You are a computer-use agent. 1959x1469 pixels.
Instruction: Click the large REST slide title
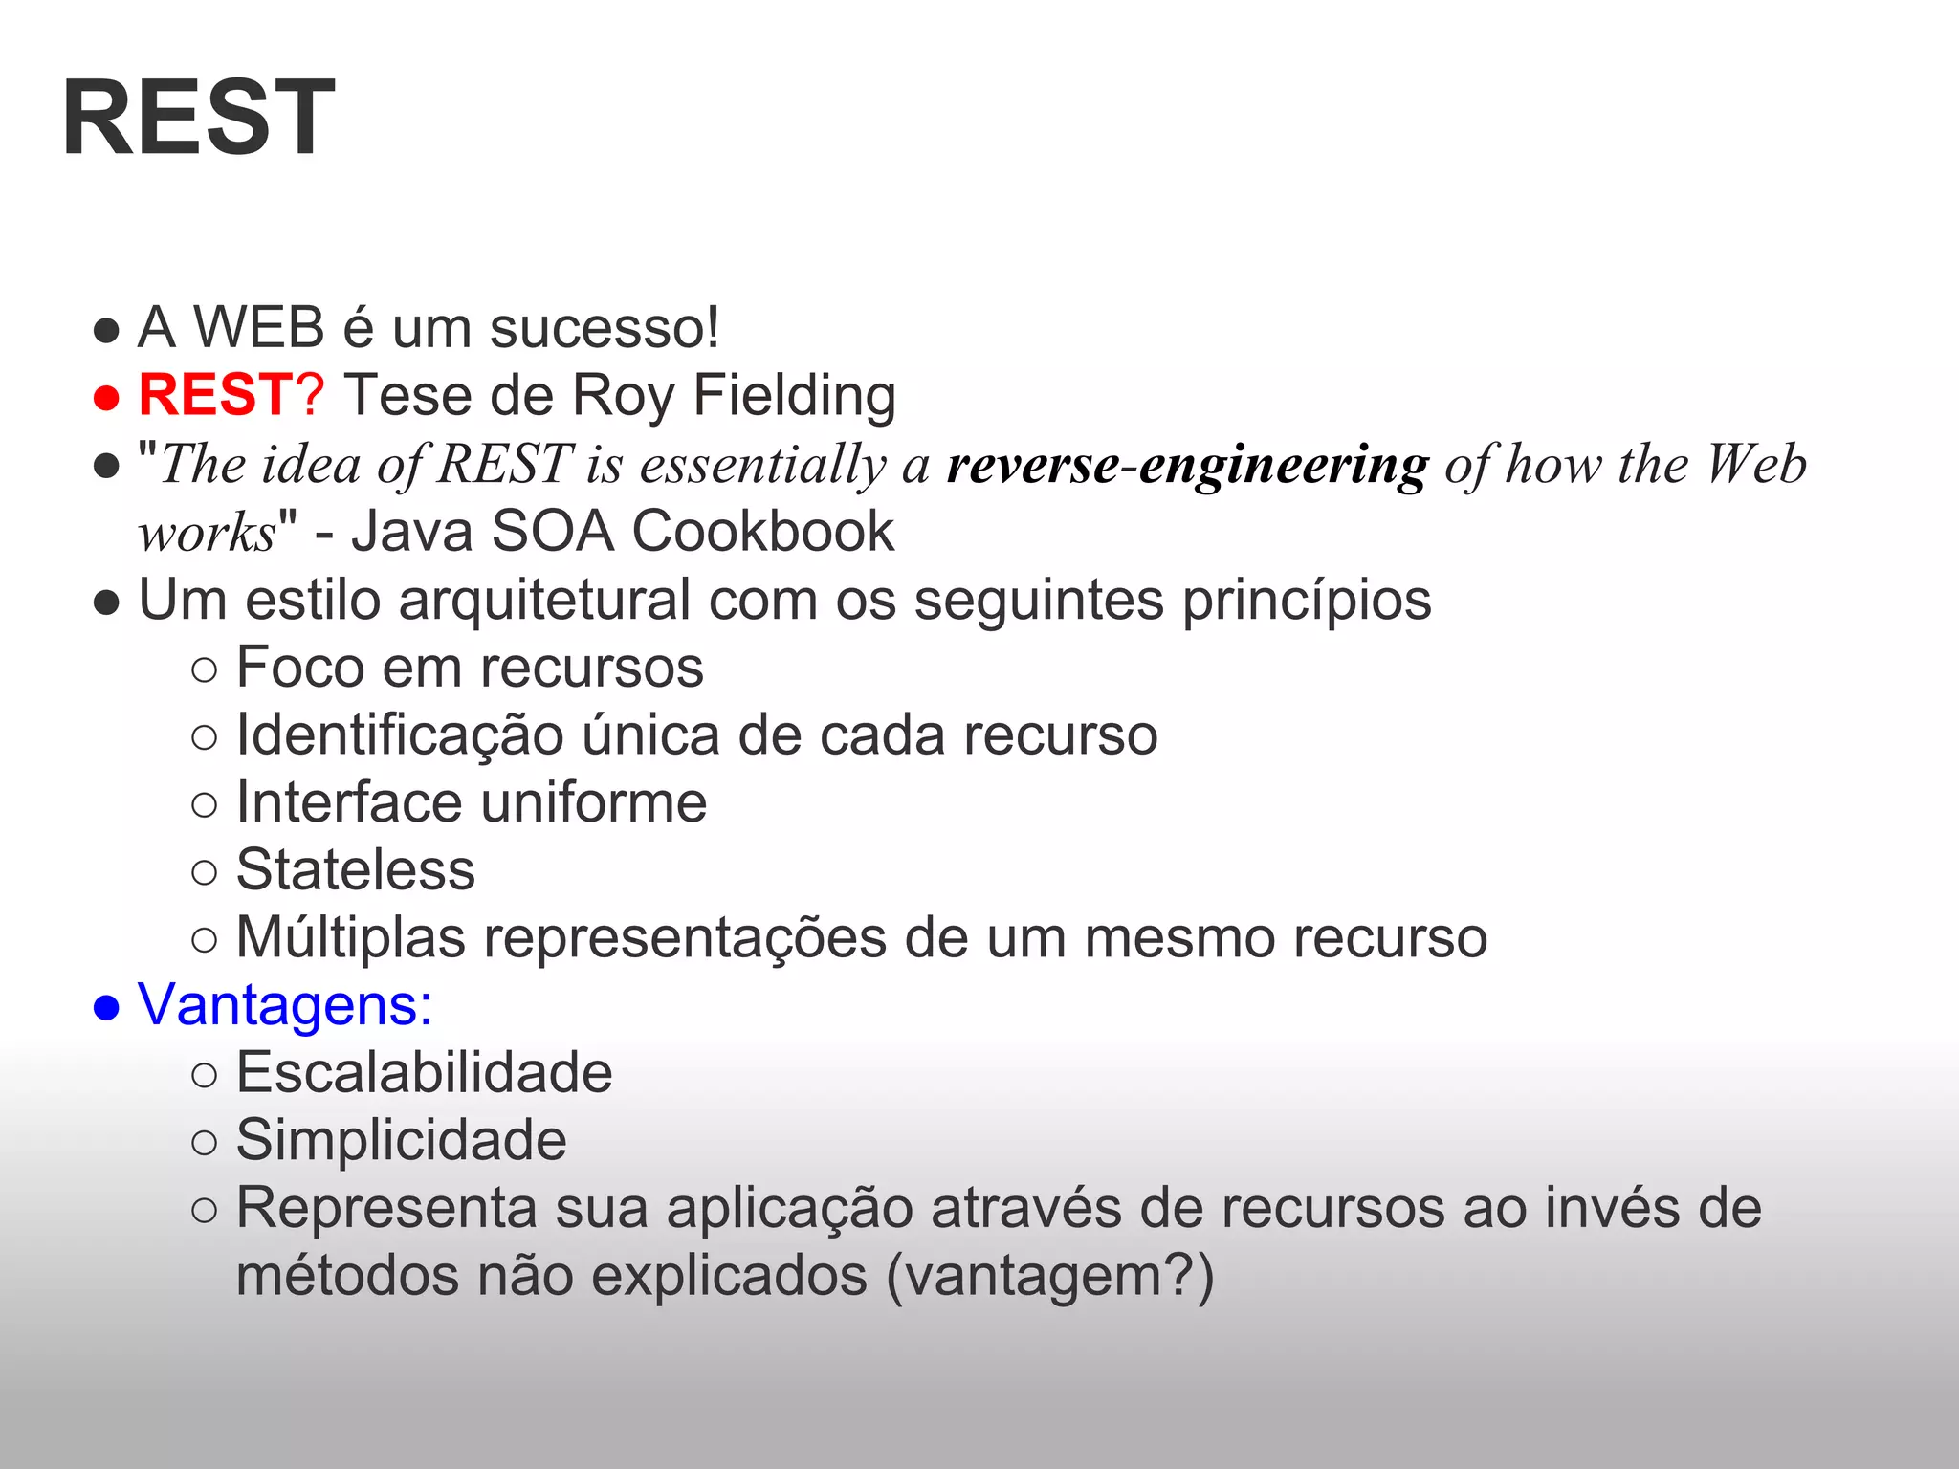coord(199,119)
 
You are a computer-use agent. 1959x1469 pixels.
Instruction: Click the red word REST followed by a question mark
coord(230,395)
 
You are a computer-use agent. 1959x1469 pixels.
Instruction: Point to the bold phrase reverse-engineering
coord(1187,465)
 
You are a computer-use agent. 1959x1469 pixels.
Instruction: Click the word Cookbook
coord(762,532)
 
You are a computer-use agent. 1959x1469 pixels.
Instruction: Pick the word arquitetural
coord(544,600)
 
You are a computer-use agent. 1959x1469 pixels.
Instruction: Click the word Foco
coord(300,668)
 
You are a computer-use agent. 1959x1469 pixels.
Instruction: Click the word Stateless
coord(356,870)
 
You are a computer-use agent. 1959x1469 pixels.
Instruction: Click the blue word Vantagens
coord(284,1005)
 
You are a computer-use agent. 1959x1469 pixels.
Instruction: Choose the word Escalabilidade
coord(424,1073)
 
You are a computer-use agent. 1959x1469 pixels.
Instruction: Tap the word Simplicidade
coord(401,1141)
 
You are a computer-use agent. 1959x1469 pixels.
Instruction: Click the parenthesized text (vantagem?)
coord(1049,1277)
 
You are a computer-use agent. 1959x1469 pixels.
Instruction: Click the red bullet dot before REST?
coord(106,398)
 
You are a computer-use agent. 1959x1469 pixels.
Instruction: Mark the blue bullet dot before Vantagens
coord(106,1008)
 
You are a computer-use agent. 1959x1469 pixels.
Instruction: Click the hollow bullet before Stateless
coord(205,872)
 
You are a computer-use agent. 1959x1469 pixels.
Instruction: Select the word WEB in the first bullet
coord(259,328)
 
